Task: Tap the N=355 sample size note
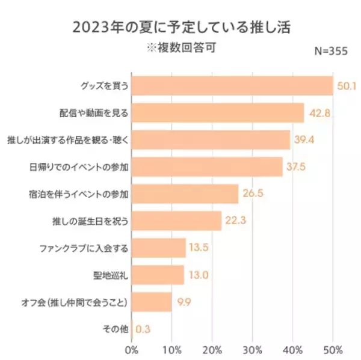pos(332,52)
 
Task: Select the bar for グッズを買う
pos(232,86)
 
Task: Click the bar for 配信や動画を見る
pos(217,112)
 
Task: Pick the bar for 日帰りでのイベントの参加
pos(206,166)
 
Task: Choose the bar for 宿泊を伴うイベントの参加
pos(184,194)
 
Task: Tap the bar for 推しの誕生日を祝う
pos(176,221)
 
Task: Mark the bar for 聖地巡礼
pos(157,275)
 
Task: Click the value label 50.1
pos(347,86)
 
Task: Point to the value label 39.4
pos(304,139)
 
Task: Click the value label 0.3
pos(143,329)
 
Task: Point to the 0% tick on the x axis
pos(132,349)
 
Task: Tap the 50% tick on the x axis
pos(333,349)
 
